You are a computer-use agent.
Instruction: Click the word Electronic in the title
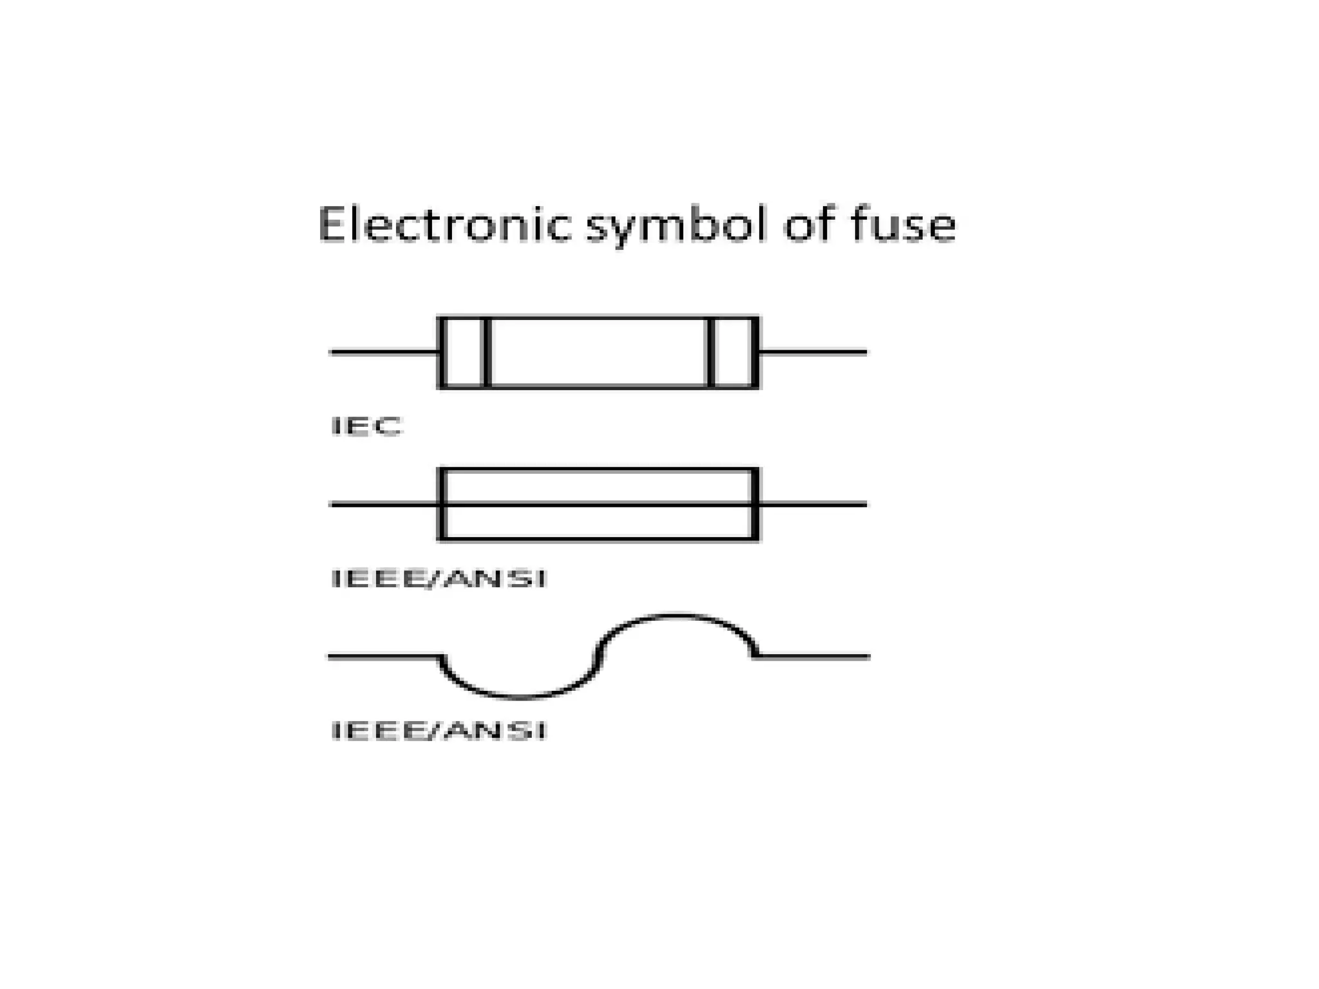coord(444,225)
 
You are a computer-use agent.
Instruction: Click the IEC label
coord(366,426)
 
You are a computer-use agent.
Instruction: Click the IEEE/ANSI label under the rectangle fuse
coord(439,579)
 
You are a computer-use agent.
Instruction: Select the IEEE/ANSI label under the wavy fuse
coord(439,731)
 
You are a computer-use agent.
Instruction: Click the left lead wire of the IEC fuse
coord(384,352)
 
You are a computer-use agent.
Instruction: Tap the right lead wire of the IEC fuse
coord(813,352)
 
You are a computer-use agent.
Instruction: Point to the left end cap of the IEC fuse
coord(464,352)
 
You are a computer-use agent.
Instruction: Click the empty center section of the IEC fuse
coord(599,352)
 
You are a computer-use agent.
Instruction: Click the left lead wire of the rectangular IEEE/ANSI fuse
coord(384,504)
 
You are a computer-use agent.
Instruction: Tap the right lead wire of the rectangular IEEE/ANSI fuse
coord(813,504)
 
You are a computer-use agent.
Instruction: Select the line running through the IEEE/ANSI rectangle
coord(599,504)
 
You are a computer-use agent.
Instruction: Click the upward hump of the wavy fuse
coord(676,616)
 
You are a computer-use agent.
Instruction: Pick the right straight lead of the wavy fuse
coord(813,657)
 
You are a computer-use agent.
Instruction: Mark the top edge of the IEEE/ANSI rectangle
coord(599,470)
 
